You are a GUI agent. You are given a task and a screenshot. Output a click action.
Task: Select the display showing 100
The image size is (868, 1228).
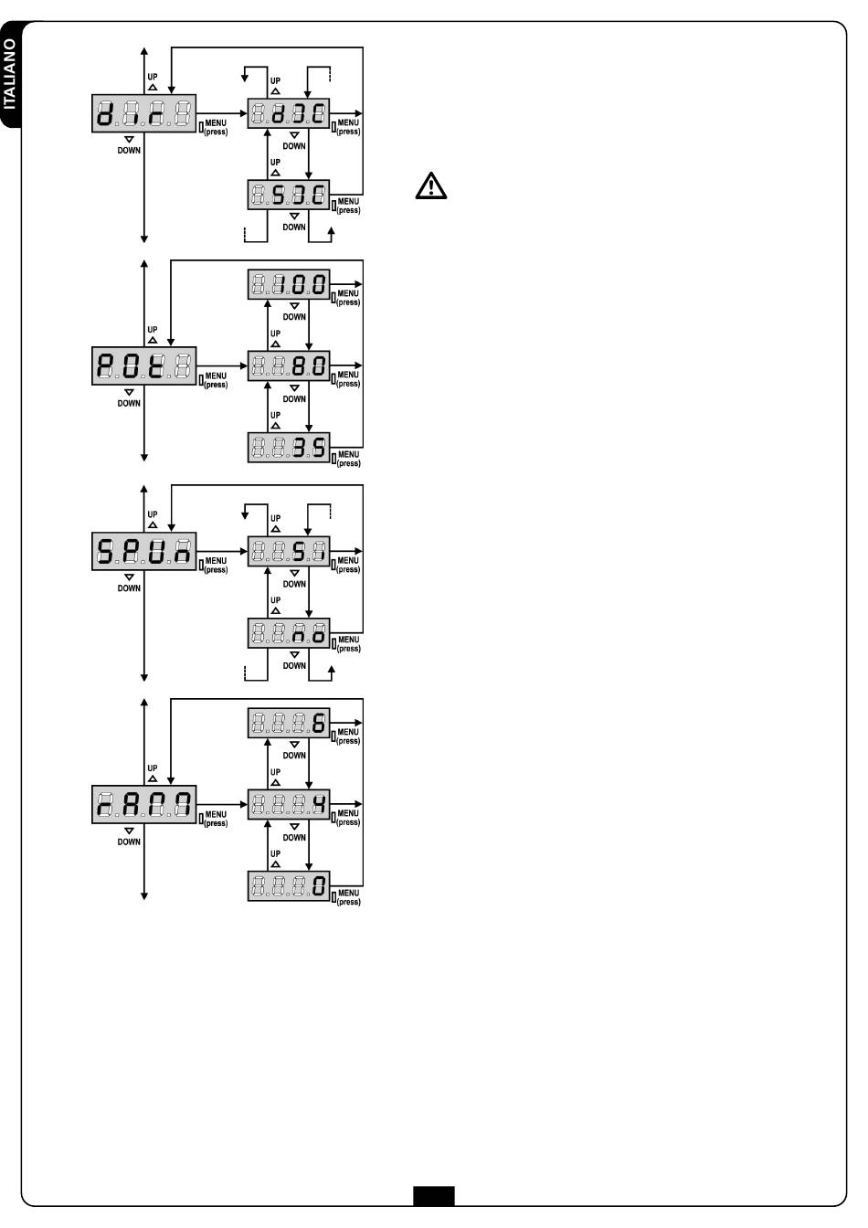point(288,284)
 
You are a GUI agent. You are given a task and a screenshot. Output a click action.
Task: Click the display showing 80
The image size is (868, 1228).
point(288,365)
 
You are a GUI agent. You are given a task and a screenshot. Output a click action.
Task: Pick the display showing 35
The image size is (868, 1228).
point(288,447)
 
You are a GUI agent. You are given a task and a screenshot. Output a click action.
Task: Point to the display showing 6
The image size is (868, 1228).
point(288,725)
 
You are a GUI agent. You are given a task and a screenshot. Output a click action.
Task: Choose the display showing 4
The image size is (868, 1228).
point(288,805)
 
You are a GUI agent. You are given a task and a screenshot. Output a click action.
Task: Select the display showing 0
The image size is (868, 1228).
point(288,886)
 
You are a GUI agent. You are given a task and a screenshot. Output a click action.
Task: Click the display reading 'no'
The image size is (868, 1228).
point(288,633)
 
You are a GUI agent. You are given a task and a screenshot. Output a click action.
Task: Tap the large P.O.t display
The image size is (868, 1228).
point(144,365)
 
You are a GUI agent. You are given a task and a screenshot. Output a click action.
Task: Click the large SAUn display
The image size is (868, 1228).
point(144,551)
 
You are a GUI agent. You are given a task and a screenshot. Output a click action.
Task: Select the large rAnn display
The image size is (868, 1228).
point(144,805)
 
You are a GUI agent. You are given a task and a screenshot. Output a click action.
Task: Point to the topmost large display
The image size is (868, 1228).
point(144,113)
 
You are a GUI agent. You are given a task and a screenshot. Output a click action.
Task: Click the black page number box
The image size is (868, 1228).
point(433,1195)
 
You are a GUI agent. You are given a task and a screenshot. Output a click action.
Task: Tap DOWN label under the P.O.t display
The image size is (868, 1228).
point(129,403)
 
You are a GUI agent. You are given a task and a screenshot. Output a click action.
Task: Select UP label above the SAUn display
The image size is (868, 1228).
point(153,514)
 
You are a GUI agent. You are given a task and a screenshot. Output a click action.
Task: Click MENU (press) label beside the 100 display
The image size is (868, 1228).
point(348,298)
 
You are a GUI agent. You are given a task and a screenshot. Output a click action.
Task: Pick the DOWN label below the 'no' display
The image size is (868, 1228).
point(294,665)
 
